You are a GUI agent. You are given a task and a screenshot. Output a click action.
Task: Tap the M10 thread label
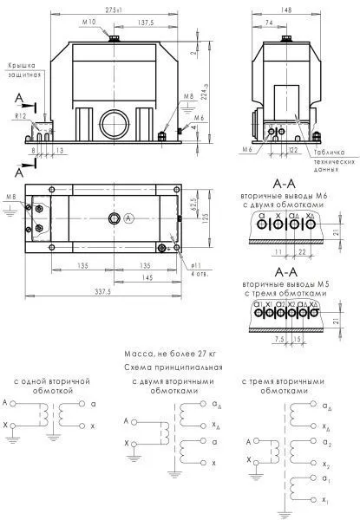tap(89, 22)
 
